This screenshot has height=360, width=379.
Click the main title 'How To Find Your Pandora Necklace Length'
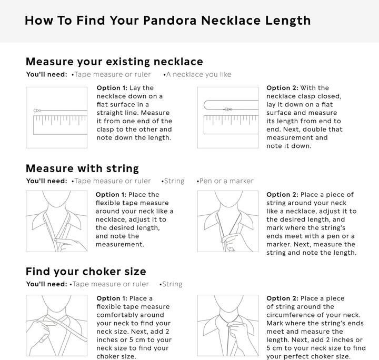167,21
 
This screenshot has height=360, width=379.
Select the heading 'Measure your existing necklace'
114,62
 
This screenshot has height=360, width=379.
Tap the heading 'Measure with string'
82,168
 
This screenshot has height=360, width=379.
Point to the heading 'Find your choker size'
86,272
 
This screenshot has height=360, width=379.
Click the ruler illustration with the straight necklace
57,117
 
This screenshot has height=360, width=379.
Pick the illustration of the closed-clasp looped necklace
227,117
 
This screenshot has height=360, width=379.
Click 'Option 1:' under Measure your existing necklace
112,88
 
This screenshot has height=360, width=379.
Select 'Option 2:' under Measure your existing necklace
282,88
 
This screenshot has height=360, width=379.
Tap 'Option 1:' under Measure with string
111,195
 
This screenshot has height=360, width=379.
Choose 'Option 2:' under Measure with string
282,195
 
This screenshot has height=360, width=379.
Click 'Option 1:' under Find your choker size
112,298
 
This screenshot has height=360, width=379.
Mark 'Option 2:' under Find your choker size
282,298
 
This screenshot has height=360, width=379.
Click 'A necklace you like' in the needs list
198,75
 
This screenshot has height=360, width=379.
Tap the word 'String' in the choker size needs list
172,284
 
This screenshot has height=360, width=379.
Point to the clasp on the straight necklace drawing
36,111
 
